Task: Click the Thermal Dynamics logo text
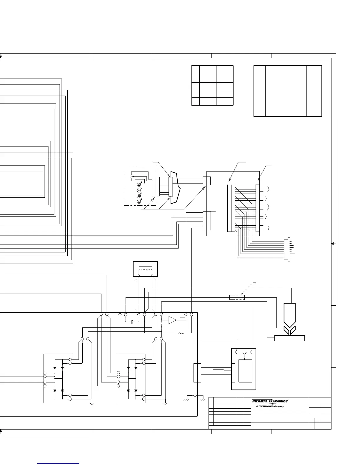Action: pos(269,401)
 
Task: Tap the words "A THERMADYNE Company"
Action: pos(270,406)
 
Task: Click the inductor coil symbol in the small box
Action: pos(145,271)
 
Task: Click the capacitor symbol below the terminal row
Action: pos(132,322)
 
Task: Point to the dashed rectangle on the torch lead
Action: pos(237,297)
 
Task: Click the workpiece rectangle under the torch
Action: pos(289,338)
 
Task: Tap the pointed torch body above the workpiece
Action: pos(289,315)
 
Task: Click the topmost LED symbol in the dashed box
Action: pos(139,185)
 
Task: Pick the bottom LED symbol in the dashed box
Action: pos(139,202)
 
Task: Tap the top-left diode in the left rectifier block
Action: pos(55,368)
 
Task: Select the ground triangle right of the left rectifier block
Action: pos(92,404)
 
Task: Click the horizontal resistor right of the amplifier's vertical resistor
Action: pos(181,333)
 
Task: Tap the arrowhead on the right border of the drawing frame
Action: pos(333,244)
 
